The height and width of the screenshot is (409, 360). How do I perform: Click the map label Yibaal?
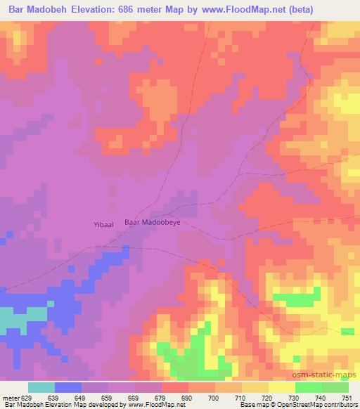[x=104, y=223]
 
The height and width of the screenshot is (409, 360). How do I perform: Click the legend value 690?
[x=188, y=397]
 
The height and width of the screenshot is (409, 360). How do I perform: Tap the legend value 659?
[x=107, y=397]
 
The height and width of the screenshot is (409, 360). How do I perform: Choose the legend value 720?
[x=267, y=397]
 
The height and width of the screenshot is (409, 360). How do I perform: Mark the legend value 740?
[x=322, y=397]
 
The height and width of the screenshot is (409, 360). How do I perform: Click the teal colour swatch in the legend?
[x=41, y=387]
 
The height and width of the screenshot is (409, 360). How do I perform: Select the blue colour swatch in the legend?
[x=68, y=387]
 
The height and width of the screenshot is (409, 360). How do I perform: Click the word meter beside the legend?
[x=11, y=397]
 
